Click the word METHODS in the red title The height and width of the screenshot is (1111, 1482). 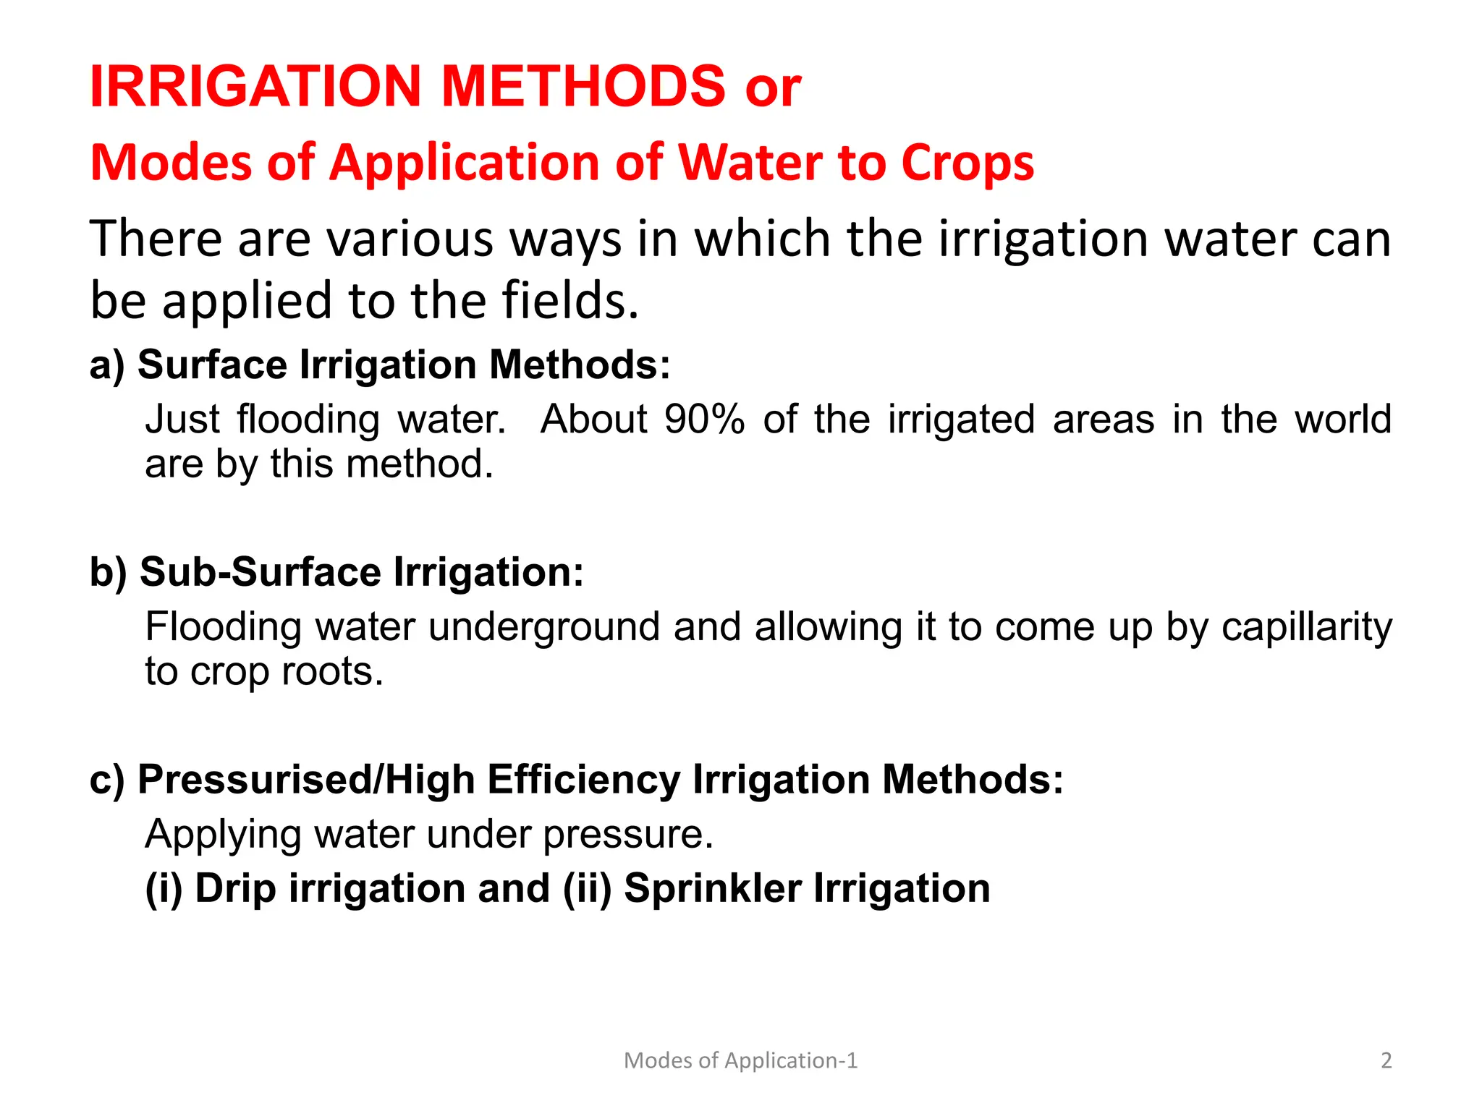pyautogui.click(x=583, y=87)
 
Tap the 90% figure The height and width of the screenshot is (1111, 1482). pyautogui.click(x=704, y=419)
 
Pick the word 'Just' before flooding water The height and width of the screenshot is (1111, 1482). pyautogui.click(x=182, y=419)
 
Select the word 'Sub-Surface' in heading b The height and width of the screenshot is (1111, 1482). pyautogui.click(x=261, y=572)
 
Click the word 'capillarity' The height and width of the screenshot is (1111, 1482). pyautogui.click(x=1306, y=628)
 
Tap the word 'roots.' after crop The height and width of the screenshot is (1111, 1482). pyautogui.click(x=332, y=671)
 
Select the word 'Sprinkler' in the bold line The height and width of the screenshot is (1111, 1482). pyautogui.click(x=712, y=888)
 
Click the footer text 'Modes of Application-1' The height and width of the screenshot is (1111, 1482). pyautogui.click(x=740, y=1060)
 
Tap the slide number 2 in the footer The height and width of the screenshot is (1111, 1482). pyautogui.click(x=1386, y=1060)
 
